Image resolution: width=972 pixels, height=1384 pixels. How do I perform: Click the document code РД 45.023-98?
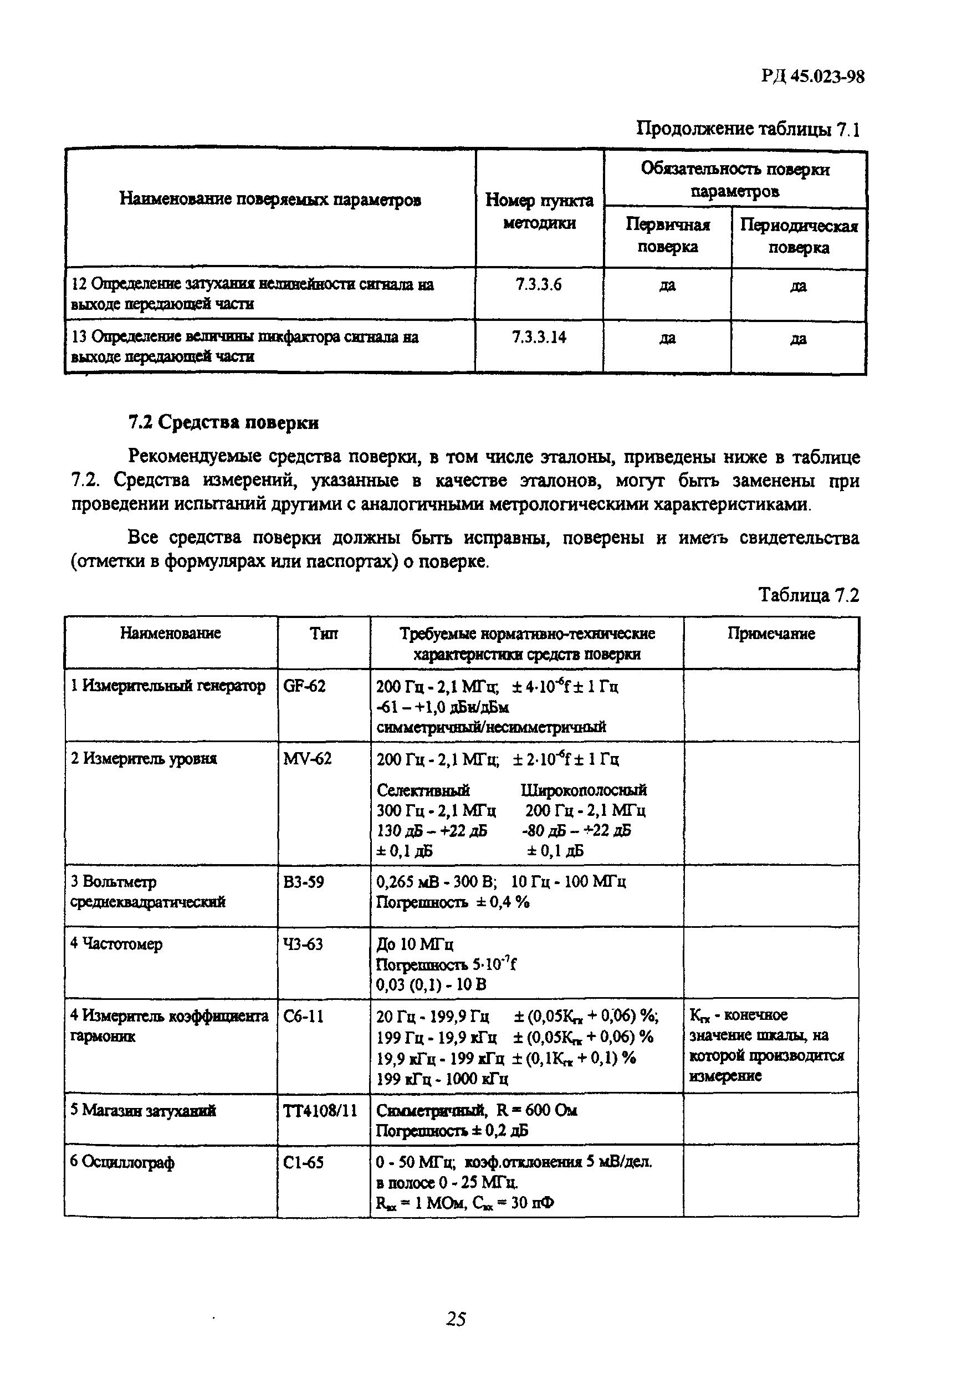[812, 76]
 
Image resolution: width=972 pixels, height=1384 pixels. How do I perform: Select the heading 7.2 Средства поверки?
[223, 422]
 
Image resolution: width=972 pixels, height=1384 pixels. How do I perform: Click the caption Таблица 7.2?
[808, 595]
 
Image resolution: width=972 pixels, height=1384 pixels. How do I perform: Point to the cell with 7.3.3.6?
[538, 284]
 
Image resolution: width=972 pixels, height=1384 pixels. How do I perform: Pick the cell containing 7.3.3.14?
[539, 337]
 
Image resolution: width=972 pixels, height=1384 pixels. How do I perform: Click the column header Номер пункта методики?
[539, 211]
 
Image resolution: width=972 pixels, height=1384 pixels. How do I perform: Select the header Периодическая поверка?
[799, 236]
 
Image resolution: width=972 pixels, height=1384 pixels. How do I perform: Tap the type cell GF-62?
[304, 686]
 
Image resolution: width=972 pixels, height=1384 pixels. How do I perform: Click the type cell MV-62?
[308, 758]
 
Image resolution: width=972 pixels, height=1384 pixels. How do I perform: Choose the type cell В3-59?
[303, 882]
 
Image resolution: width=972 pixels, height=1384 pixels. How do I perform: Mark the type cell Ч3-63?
[303, 944]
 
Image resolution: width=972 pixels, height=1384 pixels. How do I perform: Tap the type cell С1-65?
[303, 1162]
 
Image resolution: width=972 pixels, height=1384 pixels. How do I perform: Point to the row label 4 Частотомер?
[116, 944]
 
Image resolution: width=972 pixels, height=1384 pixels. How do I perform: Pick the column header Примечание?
[771, 634]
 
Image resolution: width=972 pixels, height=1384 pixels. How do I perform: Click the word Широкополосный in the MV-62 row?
[584, 790]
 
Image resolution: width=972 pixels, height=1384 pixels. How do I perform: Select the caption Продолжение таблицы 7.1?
[748, 129]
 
